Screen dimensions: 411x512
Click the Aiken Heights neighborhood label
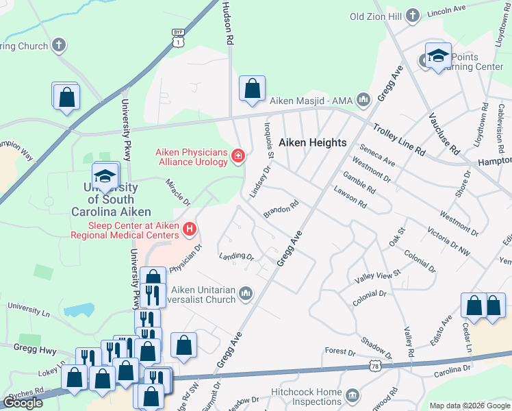[x=313, y=143]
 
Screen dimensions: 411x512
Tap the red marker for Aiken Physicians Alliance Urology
[x=238, y=157]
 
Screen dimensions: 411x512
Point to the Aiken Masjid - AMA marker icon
[x=363, y=101]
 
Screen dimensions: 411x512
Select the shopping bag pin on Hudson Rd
[x=252, y=88]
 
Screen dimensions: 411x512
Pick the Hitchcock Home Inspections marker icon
[x=352, y=395]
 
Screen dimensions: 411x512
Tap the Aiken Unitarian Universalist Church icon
[x=244, y=295]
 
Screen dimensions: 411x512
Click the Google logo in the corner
[x=23, y=402]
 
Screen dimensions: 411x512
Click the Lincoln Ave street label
[x=446, y=12]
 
